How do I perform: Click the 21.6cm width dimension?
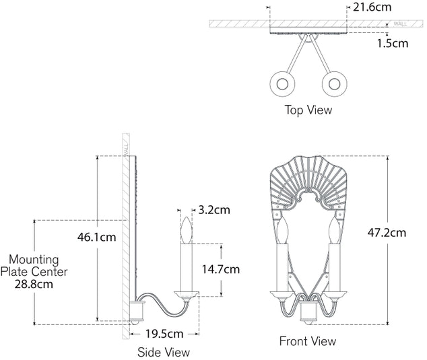(x=372, y=7)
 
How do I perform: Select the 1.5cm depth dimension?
(x=393, y=43)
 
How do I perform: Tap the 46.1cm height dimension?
(x=97, y=237)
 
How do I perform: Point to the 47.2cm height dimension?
(x=387, y=233)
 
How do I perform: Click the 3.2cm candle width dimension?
(x=214, y=210)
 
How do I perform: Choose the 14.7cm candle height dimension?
(x=221, y=269)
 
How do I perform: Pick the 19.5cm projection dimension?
(x=164, y=334)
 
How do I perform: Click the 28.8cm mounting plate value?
(x=34, y=285)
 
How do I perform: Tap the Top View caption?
(x=308, y=110)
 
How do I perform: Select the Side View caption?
(x=164, y=352)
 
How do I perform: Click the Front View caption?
(x=308, y=341)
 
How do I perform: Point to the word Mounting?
(x=34, y=260)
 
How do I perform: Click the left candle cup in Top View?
(x=282, y=84)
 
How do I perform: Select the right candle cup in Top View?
(x=335, y=84)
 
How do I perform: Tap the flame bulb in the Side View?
(x=187, y=230)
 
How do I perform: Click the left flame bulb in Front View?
(x=282, y=230)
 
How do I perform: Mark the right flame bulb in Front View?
(x=335, y=230)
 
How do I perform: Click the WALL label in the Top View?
(x=400, y=24)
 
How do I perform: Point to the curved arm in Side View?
(x=164, y=304)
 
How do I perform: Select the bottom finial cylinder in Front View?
(x=308, y=312)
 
